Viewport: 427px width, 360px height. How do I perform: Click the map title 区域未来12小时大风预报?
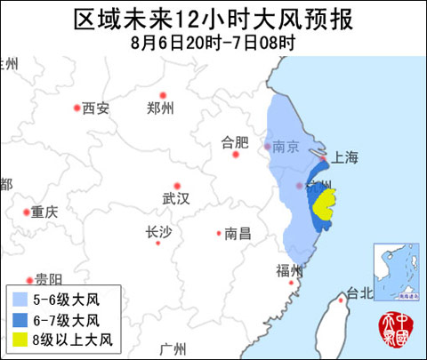[x=213, y=18]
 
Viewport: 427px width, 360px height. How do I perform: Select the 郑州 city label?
[x=159, y=108]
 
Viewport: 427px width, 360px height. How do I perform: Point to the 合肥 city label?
[x=235, y=141]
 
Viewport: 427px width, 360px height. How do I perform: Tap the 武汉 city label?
[x=175, y=197]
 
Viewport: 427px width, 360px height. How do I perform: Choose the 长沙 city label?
[x=157, y=233]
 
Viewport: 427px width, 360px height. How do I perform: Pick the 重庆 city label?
[x=44, y=212]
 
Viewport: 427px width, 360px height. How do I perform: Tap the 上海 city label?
[x=344, y=157]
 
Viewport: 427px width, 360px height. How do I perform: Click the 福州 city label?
[x=290, y=270]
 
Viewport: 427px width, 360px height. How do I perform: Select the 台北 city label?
[x=359, y=293]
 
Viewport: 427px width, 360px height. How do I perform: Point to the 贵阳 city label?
[x=48, y=278]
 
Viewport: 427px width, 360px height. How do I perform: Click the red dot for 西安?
[x=76, y=108]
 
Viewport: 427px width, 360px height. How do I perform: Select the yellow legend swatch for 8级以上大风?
[x=18, y=339]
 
